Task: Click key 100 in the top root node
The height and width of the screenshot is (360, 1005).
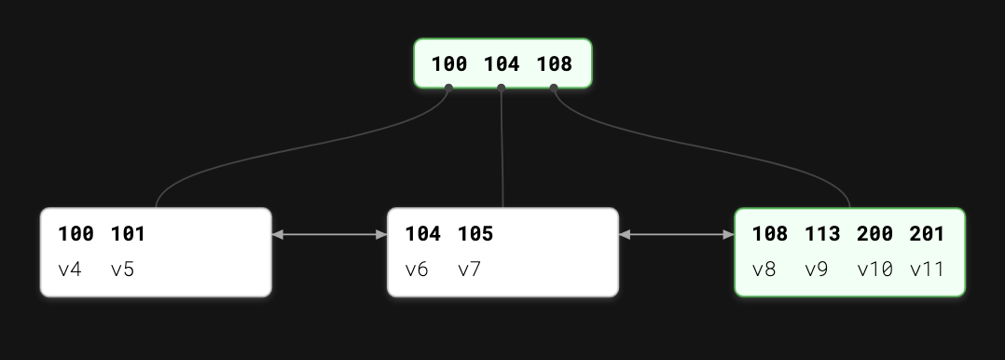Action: [448, 65]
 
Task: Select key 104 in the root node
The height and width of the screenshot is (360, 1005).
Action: [502, 65]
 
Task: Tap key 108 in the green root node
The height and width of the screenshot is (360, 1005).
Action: [554, 65]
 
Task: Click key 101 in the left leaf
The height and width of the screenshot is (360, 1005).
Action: [129, 234]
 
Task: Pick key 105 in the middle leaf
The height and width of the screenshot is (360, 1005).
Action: [475, 234]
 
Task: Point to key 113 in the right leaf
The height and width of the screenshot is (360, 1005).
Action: [822, 234]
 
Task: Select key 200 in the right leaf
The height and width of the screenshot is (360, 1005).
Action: [874, 234]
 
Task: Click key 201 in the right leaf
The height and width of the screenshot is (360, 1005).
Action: [927, 234]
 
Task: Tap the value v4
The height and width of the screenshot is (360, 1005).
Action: [70, 270]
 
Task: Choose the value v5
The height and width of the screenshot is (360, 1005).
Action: [122, 270]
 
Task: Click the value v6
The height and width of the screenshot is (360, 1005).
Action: [417, 270]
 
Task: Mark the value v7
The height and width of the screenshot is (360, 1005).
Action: [469, 270]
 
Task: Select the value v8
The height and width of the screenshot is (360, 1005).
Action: [764, 270]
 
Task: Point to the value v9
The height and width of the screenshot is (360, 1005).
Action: [816, 270]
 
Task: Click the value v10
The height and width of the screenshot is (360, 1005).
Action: [874, 270]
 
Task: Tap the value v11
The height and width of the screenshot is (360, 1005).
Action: [927, 270]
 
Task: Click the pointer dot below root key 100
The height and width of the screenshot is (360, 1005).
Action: [448, 89]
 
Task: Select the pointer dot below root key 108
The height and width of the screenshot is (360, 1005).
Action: [554, 89]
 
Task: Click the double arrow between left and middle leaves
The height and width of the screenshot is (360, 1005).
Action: [329, 235]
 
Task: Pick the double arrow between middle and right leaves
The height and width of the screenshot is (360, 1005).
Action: [676, 235]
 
